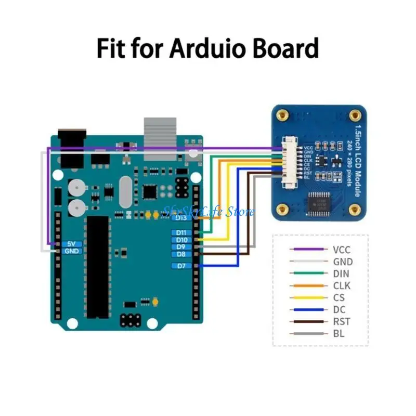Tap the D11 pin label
coord(181,232)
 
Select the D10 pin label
coord(181,240)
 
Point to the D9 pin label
coord(181,247)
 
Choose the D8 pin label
coord(181,254)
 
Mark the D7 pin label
coord(181,266)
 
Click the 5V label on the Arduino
coord(71,243)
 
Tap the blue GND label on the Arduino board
coord(71,251)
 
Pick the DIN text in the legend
coord(341,274)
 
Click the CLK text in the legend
coord(341,285)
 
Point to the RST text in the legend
coord(341,321)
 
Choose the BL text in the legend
coord(339,333)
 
